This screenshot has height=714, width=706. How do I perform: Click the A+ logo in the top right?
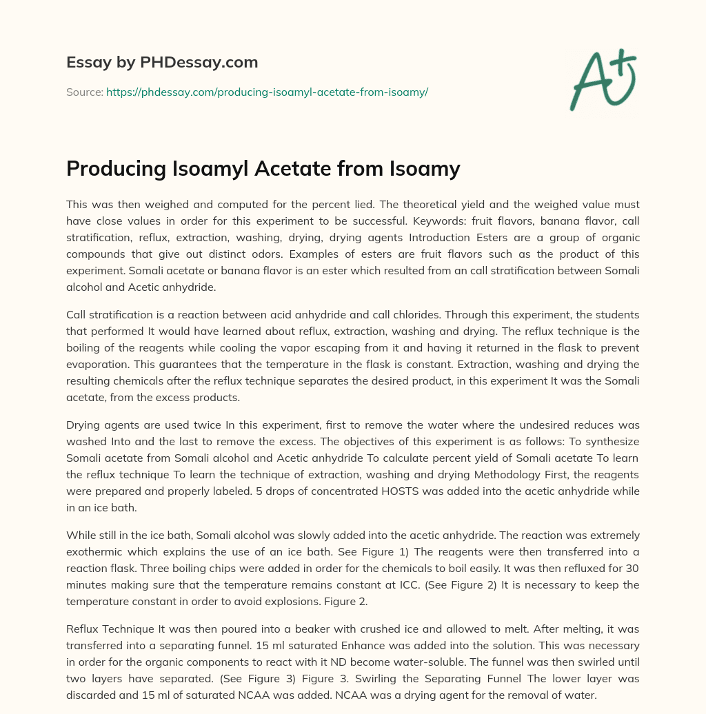(x=603, y=79)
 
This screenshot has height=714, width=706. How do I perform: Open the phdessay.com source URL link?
(x=267, y=92)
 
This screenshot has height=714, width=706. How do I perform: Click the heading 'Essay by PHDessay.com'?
(x=162, y=62)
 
